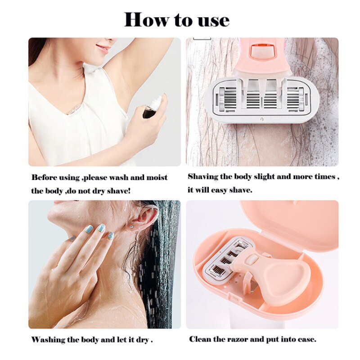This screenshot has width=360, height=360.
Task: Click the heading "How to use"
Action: point(177,19)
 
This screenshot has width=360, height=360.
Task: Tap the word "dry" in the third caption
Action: point(141,339)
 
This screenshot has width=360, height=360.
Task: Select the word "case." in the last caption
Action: point(306,339)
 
